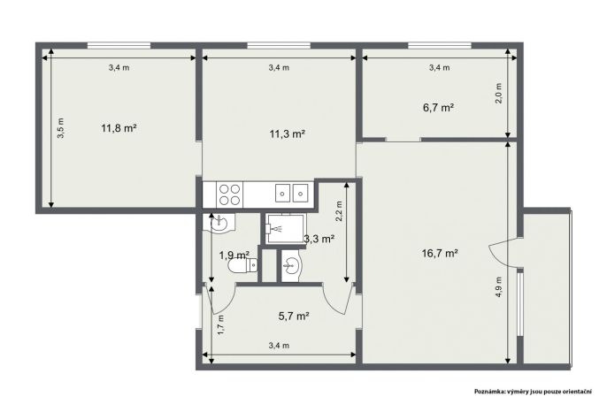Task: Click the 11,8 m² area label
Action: point(119,128)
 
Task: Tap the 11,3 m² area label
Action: point(287,134)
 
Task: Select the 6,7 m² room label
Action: point(438,108)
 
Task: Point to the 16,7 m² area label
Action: point(440,254)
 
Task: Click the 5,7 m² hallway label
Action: point(294,316)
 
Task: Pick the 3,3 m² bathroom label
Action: point(319,239)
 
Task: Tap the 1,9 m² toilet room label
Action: point(234,255)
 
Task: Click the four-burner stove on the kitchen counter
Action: point(229,194)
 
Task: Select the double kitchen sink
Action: point(291,193)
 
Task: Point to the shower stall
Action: point(285,228)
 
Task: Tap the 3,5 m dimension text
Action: point(61,128)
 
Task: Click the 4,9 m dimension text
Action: point(499,286)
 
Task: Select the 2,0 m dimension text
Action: point(499,93)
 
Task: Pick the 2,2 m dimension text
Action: point(339,210)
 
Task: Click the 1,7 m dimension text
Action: point(220,324)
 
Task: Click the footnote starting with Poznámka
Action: point(533,392)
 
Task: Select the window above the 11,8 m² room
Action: point(119,46)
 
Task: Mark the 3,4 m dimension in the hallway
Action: point(279,346)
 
